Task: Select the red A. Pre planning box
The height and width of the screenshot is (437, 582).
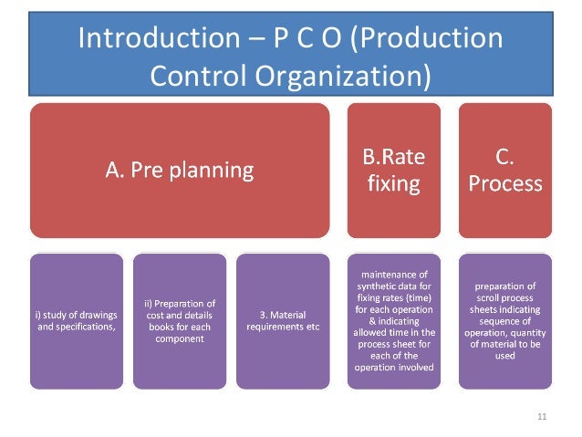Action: pyautogui.click(x=179, y=170)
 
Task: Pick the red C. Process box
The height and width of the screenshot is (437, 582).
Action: pyautogui.click(x=504, y=170)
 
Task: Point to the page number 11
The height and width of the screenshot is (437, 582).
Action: pyautogui.click(x=542, y=418)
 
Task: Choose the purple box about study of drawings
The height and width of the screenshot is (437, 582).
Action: pyautogui.click(x=76, y=322)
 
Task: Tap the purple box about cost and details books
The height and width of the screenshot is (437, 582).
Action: pyautogui.click(x=179, y=322)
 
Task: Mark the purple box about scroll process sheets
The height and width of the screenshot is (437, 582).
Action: pyautogui.click(x=504, y=322)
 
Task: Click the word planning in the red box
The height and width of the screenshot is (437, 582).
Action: pyautogui.click(x=215, y=170)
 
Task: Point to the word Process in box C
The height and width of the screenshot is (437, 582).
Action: pyautogui.click(x=504, y=183)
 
